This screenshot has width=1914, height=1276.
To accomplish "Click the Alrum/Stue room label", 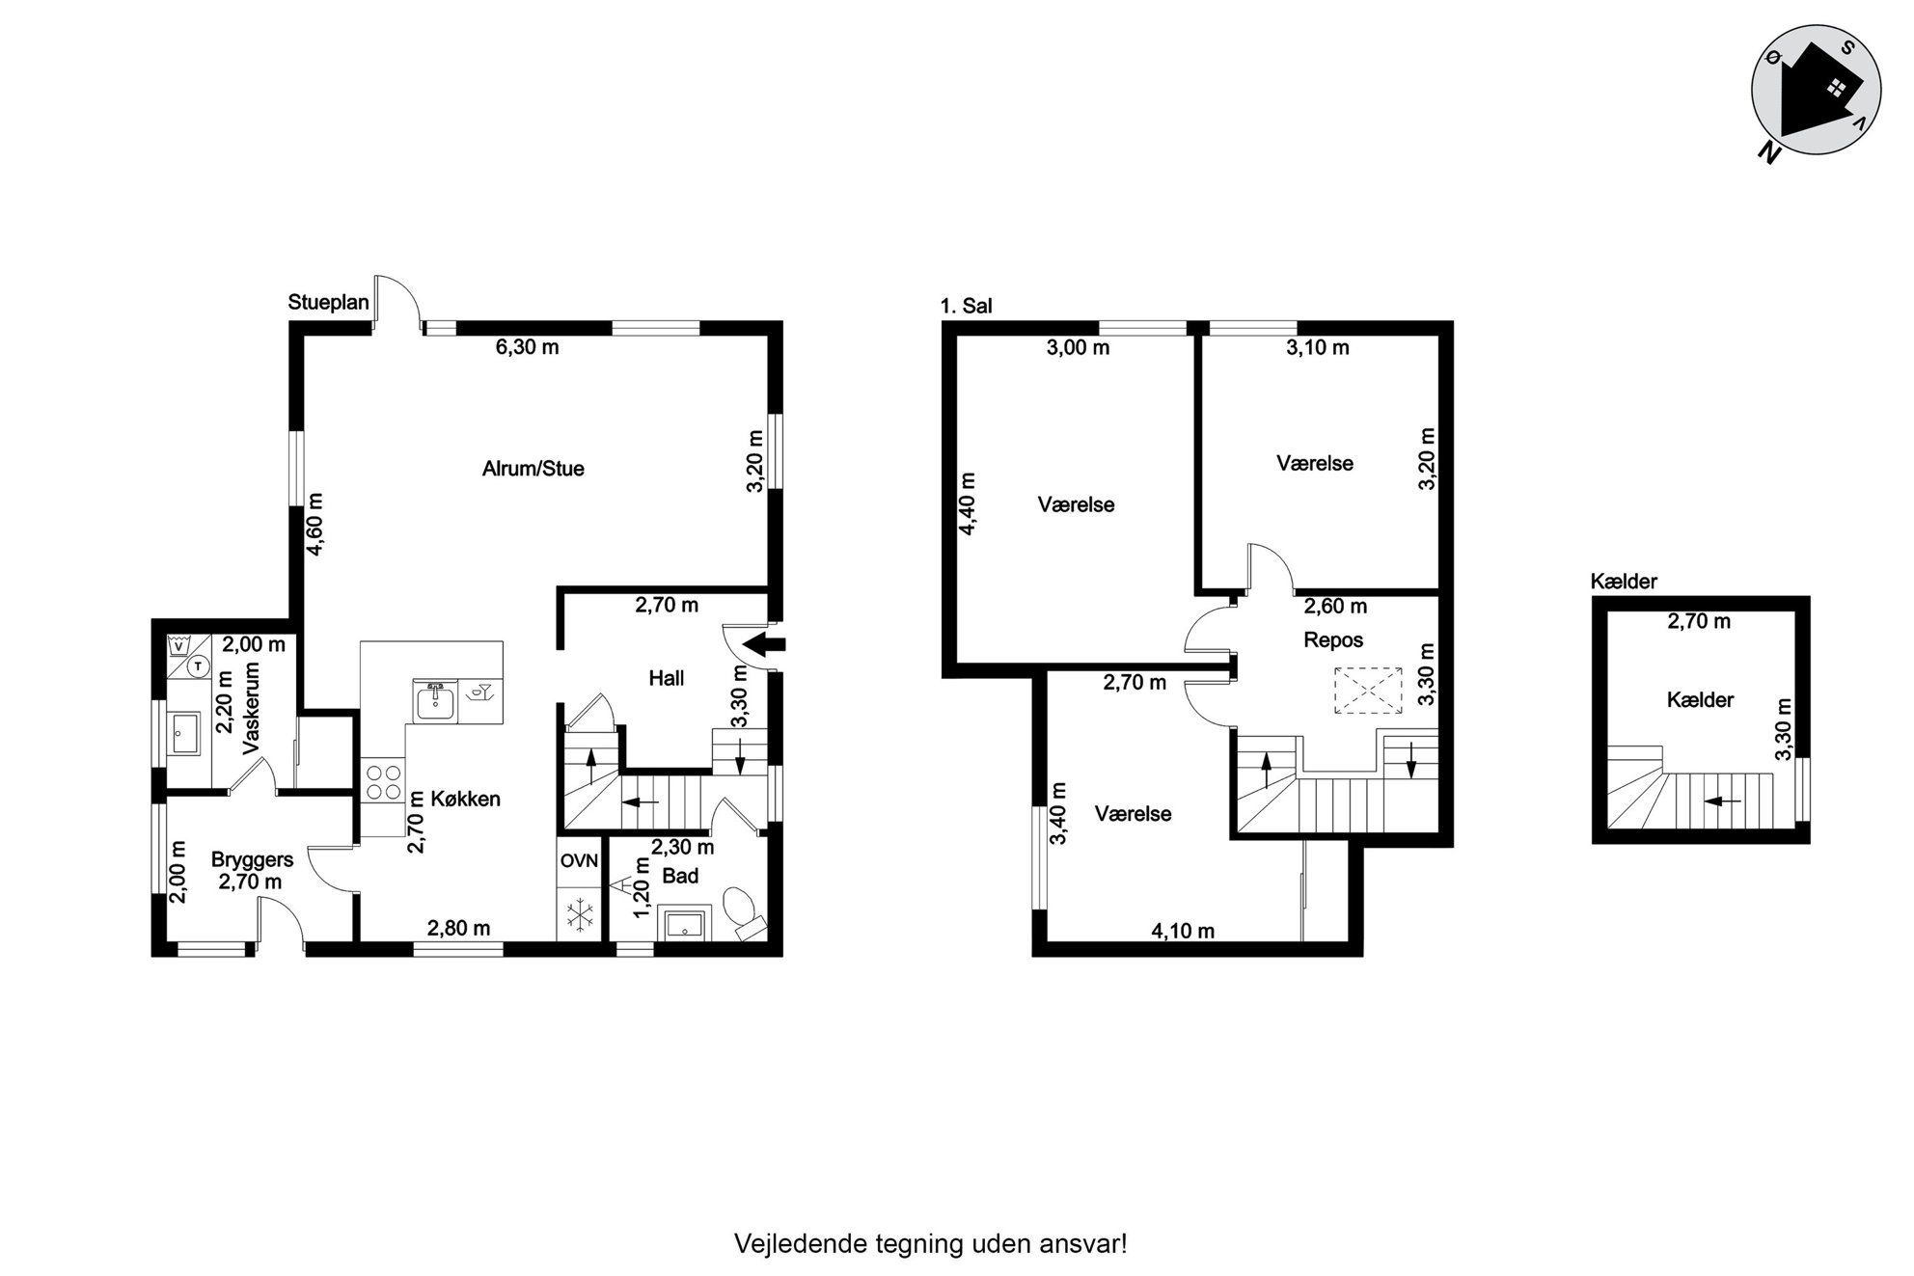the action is (x=533, y=469).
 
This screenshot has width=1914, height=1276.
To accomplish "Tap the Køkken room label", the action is (x=465, y=799).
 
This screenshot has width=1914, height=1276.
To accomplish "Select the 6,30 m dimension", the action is (x=527, y=347).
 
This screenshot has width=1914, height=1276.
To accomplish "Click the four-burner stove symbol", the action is (x=383, y=782).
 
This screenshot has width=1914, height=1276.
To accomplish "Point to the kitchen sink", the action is (x=436, y=700).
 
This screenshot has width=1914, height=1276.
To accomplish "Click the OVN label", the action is (x=579, y=860).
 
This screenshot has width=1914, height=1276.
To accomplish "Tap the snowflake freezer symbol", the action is (x=580, y=915).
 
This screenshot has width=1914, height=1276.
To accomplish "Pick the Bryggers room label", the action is (x=252, y=859).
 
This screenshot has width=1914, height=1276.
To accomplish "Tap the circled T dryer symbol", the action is (x=198, y=665).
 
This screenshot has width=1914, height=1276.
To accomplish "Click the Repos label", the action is (x=1333, y=639).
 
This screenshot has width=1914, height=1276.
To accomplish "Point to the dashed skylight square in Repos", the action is (x=1368, y=691).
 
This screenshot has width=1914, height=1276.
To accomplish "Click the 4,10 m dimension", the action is (x=1183, y=931).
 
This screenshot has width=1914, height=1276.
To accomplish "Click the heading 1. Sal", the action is (x=967, y=307).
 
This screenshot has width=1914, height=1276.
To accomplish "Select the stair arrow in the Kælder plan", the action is (x=1723, y=800).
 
